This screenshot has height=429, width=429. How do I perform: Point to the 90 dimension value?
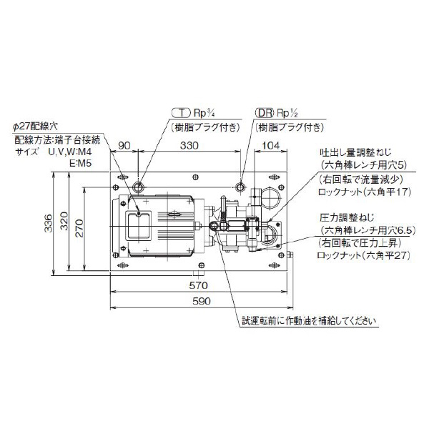click(124, 145)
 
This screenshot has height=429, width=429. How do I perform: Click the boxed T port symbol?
click(182, 112)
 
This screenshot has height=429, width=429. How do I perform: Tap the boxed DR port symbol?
click(265, 112)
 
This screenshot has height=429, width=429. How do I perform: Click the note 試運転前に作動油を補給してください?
click(307, 320)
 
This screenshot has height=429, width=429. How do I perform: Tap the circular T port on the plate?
click(139, 186)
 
